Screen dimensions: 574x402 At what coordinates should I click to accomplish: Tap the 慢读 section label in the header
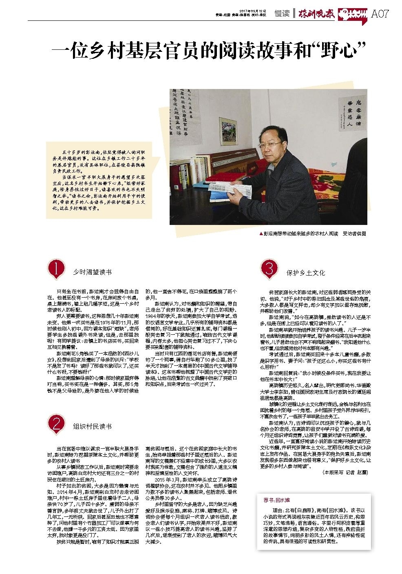[x=282, y=13]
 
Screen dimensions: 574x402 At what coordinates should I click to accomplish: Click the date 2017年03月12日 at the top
[x=250, y=11]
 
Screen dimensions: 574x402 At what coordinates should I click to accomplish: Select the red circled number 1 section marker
[x=55, y=269]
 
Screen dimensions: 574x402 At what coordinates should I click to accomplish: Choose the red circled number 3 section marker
[x=269, y=269]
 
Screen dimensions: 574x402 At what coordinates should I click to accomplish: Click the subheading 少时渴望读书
[x=92, y=272]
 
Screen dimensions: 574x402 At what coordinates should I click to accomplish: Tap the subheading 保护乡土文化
[x=305, y=273]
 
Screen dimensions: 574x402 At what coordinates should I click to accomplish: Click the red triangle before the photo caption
[x=261, y=234]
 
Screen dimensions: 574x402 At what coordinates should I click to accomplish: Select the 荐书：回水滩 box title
[x=276, y=499]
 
